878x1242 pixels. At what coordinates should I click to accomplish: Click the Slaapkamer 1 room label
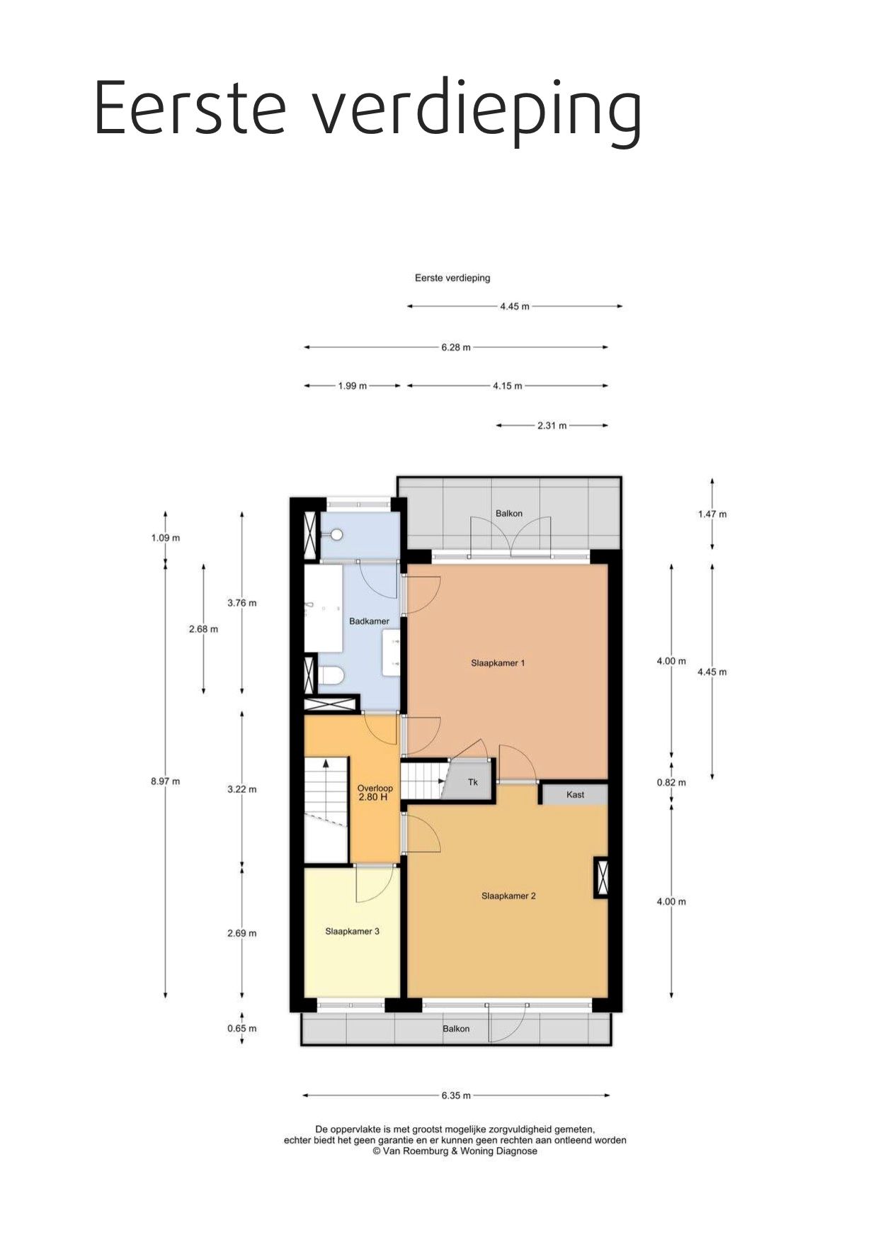point(498,663)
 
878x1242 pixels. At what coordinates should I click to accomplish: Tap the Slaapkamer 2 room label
point(508,896)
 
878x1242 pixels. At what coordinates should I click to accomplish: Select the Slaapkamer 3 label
point(352,931)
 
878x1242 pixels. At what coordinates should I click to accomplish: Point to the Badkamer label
point(369,621)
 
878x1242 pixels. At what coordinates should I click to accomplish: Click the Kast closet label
point(575,794)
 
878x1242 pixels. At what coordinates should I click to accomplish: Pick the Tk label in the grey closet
point(473,782)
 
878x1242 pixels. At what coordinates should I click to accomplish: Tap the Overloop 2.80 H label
point(375,792)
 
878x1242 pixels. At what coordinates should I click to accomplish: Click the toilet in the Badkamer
point(331,677)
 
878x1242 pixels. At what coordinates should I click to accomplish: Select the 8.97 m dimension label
point(165,781)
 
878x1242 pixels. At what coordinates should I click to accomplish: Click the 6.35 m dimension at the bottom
point(456,1095)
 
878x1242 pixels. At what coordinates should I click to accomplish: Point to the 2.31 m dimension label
point(552,426)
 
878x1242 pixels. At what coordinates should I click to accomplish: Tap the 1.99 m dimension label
point(352,386)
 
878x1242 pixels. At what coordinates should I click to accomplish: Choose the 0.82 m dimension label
point(671,783)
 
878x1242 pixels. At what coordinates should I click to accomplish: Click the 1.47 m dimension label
point(712,514)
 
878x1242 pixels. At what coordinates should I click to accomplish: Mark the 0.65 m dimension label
point(241,1029)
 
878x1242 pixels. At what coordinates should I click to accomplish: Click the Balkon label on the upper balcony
point(508,514)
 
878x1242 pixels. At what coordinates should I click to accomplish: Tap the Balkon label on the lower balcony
point(456,1029)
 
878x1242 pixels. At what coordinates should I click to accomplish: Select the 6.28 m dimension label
point(456,348)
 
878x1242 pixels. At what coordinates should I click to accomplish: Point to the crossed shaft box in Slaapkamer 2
point(601,878)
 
